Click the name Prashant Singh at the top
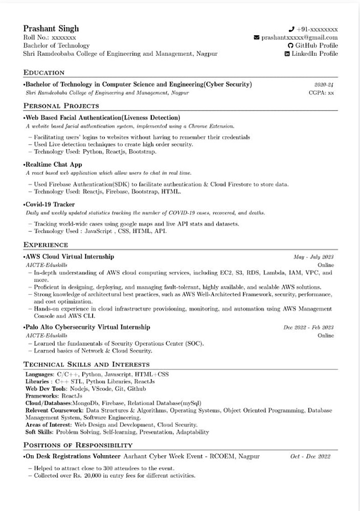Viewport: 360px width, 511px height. point(51,28)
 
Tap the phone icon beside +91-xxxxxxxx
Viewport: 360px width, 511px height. point(291,29)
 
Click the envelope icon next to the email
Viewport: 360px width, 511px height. point(257,37)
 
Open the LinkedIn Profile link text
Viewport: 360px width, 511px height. point(314,54)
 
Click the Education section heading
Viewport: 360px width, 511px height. point(44,73)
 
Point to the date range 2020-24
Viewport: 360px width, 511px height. point(324,85)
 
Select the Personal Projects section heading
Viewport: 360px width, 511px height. point(61,106)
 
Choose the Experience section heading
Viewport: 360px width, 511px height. point(46,245)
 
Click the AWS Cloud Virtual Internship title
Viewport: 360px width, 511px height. point(70,257)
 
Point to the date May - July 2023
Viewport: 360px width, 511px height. point(313,257)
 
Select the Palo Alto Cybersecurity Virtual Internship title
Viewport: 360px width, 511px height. point(87,327)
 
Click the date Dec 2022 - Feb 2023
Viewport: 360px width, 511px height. point(308,328)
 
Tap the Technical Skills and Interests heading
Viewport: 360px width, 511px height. point(86,364)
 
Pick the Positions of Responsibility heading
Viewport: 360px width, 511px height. point(78,445)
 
